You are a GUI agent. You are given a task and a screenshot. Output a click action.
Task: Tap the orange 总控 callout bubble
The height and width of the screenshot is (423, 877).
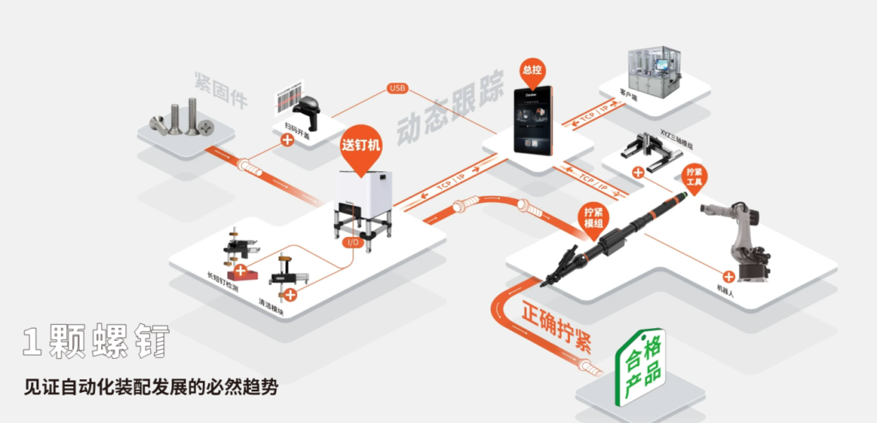click(532, 70)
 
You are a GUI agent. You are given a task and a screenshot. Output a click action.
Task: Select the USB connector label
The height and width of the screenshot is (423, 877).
click(398, 88)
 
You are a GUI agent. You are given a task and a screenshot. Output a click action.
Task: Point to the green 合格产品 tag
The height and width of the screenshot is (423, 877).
click(641, 369)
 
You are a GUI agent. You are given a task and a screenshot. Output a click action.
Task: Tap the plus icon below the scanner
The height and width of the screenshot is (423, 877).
click(287, 140)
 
